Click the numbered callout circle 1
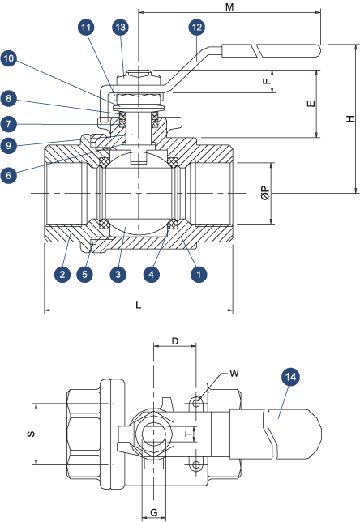pos(199,274)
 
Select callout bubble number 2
pos(62,274)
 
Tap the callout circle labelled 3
pos(118,274)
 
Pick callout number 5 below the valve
pos(84,274)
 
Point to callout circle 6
pos(9,175)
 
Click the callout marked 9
pos(9,145)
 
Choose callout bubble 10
pos(9,59)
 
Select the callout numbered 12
pos(197,28)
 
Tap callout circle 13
pos(120,28)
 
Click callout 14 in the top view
pos(290,377)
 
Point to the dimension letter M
pos(229,6)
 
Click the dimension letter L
pos(138,305)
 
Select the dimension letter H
pos(350,118)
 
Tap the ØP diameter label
pos(265,193)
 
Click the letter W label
pos(234,373)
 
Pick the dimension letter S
pos(31,434)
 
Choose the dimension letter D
pos(175,341)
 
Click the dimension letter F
pos(267,81)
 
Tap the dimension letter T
pos(189,434)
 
